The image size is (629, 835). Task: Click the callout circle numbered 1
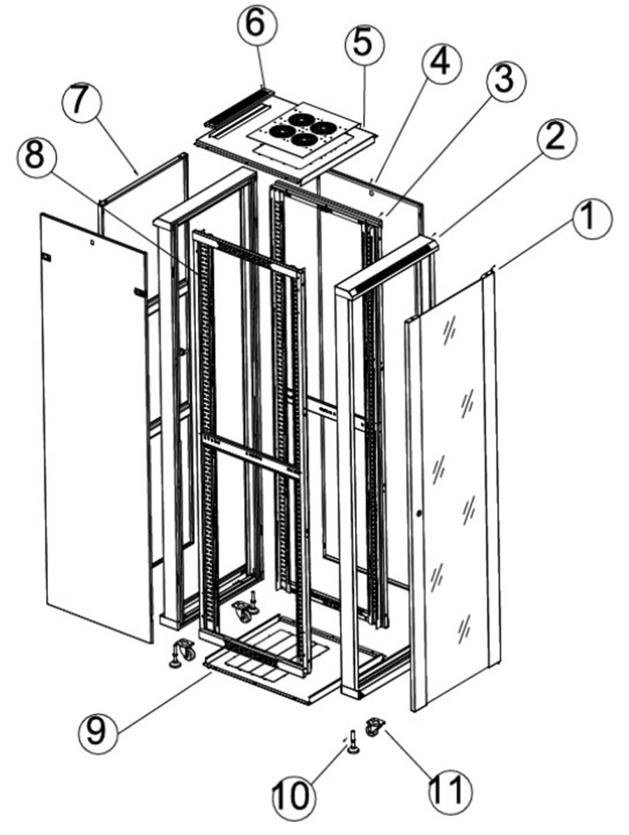(x=591, y=217)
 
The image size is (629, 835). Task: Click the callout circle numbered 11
(x=446, y=789)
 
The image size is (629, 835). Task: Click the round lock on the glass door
(x=419, y=514)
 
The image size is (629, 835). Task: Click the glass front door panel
(x=454, y=488)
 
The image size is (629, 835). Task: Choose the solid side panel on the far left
(x=94, y=425)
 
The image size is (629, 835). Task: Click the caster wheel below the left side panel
(x=184, y=652)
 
